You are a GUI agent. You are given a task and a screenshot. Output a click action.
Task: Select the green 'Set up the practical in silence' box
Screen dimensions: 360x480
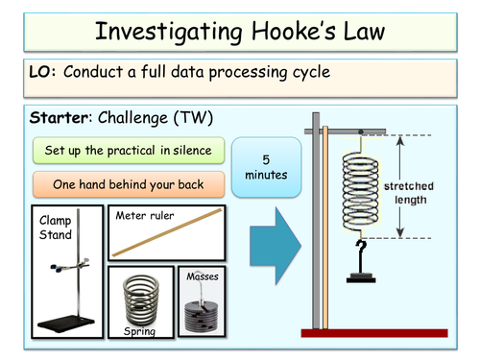[128, 151]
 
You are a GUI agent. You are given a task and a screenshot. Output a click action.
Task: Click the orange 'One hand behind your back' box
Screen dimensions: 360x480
[128, 184]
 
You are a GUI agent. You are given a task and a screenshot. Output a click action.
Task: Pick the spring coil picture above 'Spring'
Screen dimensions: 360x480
[144, 296]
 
